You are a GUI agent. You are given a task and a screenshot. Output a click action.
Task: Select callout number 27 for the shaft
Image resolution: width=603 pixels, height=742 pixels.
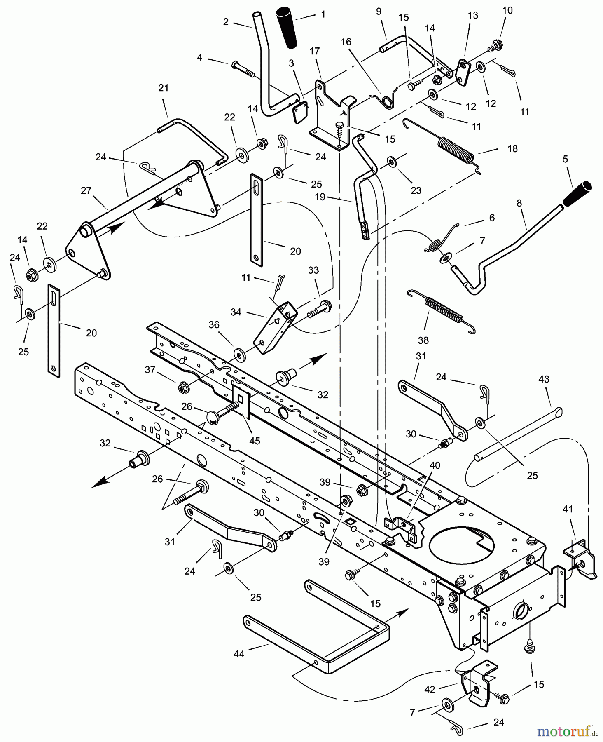pos(86,190)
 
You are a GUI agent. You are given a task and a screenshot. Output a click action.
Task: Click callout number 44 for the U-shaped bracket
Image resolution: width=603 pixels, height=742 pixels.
pos(239,654)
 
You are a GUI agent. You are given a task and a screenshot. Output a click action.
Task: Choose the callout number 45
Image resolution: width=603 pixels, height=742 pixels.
pos(255,441)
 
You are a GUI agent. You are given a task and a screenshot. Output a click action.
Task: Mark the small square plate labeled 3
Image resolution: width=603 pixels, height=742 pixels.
pos(300,112)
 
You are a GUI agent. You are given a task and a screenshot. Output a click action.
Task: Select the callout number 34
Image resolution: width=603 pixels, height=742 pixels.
pos(236,312)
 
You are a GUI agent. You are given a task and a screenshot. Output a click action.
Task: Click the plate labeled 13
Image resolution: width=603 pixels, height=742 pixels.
pos(463,73)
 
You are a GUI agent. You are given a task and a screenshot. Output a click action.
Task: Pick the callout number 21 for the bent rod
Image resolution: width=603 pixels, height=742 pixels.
pos(164,88)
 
